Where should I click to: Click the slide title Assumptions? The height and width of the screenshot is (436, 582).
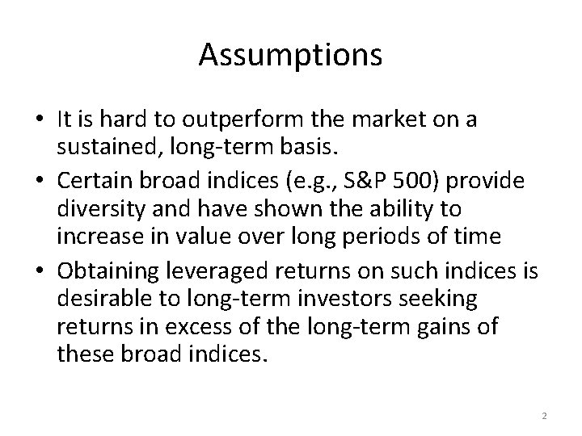point(290,55)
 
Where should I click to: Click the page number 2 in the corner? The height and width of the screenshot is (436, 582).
point(544,415)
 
